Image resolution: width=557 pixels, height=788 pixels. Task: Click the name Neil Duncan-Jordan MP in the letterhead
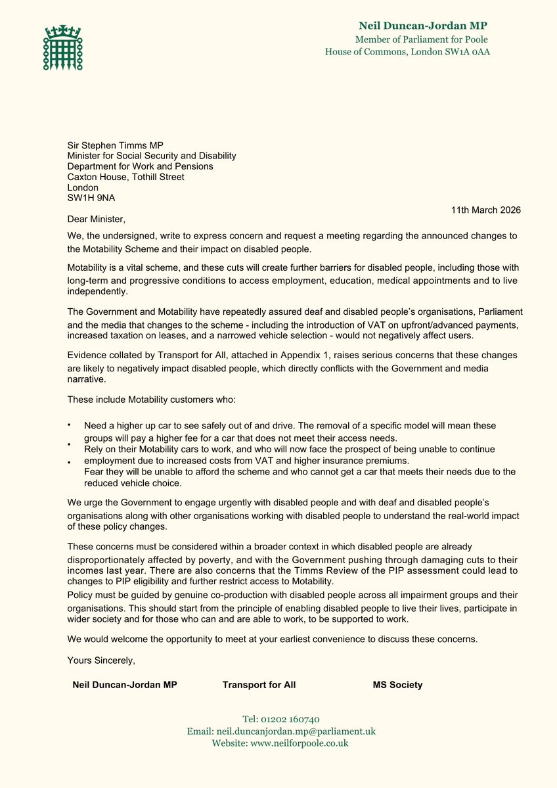click(x=423, y=26)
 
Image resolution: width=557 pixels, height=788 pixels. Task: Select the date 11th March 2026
click(x=485, y=210)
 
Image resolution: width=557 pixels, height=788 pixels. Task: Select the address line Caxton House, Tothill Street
click(x=125, y=177)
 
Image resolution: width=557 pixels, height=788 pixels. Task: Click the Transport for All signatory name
click(x=259, y=685)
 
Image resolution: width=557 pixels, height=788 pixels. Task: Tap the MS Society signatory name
click(x=397, y=685)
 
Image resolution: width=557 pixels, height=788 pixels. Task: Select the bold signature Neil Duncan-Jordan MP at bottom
click(x=124, y=685)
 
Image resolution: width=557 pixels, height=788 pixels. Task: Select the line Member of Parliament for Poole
click(x=422, y=39)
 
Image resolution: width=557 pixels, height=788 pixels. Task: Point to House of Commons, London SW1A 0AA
click(x=407, y=52)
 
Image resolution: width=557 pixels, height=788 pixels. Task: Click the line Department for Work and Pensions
click(x=140, y=166)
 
